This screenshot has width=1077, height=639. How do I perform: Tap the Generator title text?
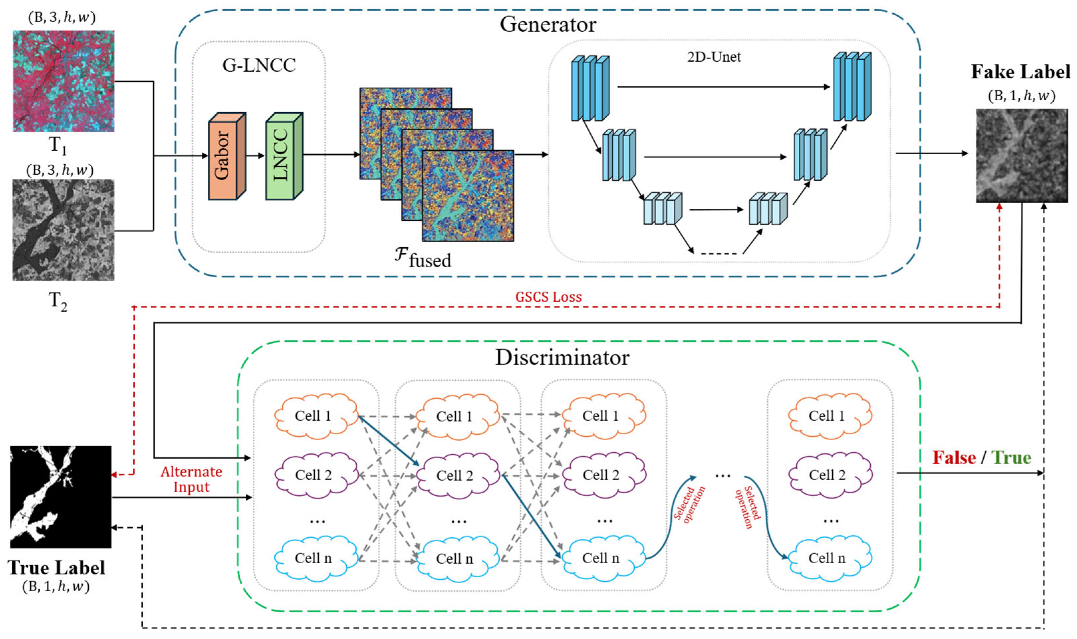(x=548, y=25)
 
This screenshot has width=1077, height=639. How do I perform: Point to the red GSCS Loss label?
(x=548, y=297)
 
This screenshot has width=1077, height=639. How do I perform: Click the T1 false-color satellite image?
(x=63, y=81)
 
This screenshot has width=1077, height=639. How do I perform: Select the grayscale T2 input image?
(x=63, y=230)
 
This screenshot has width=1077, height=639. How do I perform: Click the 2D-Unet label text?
(x=714, y=57)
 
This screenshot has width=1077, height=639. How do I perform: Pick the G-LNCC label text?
(x=259, y=65)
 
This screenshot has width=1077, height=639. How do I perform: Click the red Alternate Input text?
(x=191, y=479)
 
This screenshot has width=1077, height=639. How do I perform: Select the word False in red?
(x=954, y=457)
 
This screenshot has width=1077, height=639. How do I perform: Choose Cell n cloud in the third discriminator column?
(x=602, y=558)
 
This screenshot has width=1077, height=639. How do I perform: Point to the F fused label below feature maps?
(x=423, y=258)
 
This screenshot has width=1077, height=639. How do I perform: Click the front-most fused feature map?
(x=468, y=196)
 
